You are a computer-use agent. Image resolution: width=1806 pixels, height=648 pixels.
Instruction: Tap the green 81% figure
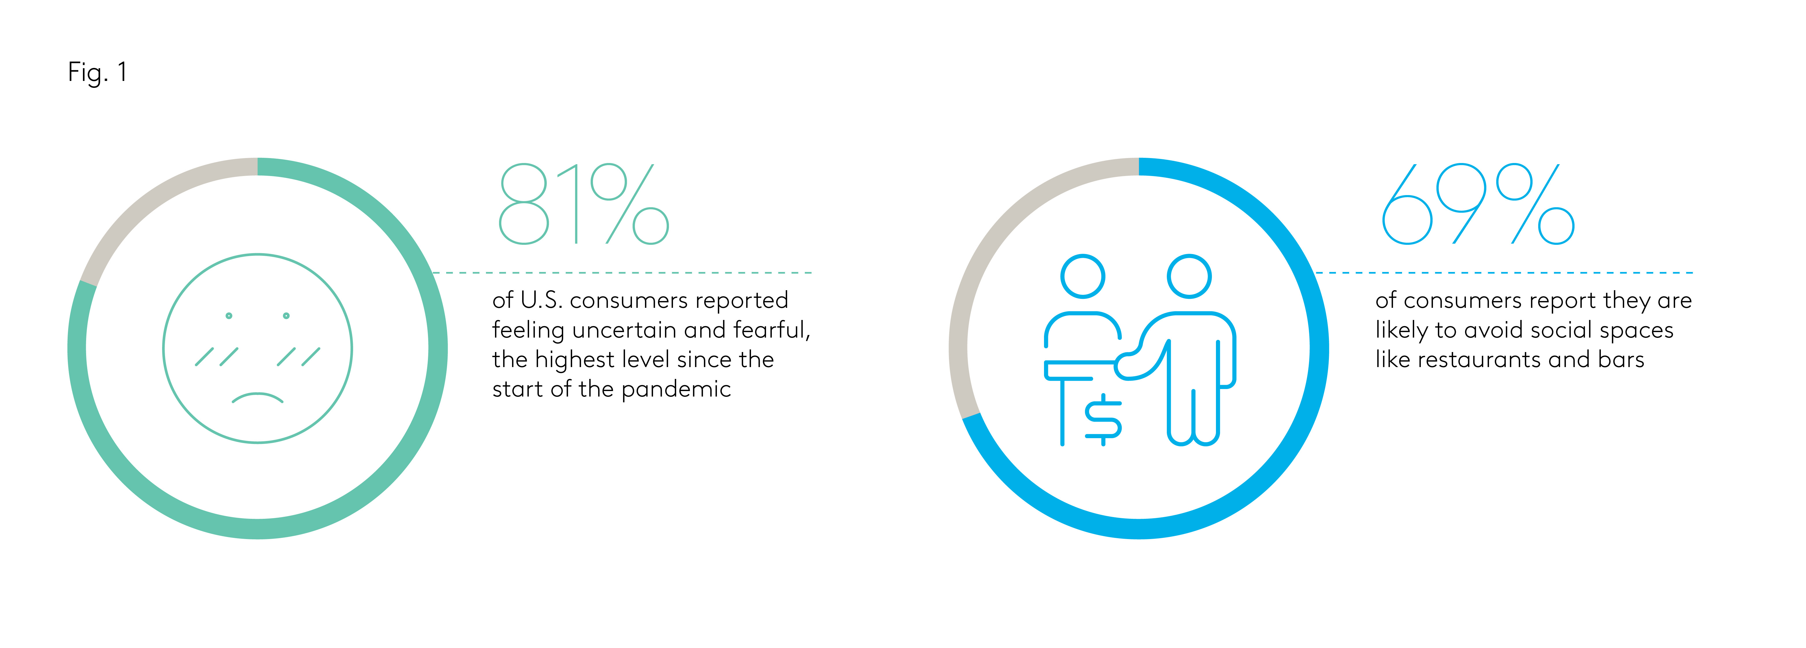(583, 204)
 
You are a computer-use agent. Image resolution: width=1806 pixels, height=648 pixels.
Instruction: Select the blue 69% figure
(1478, 204)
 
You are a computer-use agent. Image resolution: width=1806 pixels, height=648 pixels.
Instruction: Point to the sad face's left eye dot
(229, 316)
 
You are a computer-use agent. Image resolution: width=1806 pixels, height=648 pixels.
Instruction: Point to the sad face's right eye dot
(286, 316)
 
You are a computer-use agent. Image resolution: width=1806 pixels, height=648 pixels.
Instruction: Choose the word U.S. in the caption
(541, 300)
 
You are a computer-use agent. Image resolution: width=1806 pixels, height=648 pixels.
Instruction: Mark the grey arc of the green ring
(147, 203)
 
